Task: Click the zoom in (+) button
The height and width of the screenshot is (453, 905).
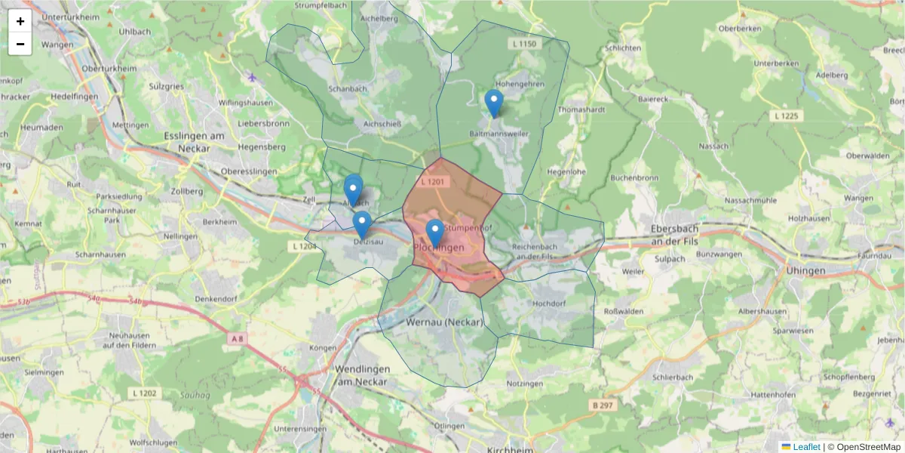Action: (20, 21)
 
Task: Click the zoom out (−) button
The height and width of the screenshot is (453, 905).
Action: (20, 44)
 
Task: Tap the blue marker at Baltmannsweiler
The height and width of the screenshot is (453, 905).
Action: (494, 103)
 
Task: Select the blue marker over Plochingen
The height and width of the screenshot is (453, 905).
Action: (434, 233)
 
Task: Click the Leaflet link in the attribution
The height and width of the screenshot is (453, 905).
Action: (806, 447)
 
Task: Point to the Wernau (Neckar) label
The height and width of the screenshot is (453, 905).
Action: (444, 322)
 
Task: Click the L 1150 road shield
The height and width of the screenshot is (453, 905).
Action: (523, 45)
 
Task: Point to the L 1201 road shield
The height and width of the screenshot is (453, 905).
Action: (434, 182)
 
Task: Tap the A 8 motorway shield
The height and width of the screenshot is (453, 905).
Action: (237, 339)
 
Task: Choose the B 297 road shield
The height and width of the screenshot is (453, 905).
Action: (602, 405)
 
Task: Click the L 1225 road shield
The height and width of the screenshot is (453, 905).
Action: (787, 116)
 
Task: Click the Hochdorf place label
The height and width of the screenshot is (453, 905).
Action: (549, 304)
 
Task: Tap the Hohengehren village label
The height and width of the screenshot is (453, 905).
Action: (520, 85)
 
